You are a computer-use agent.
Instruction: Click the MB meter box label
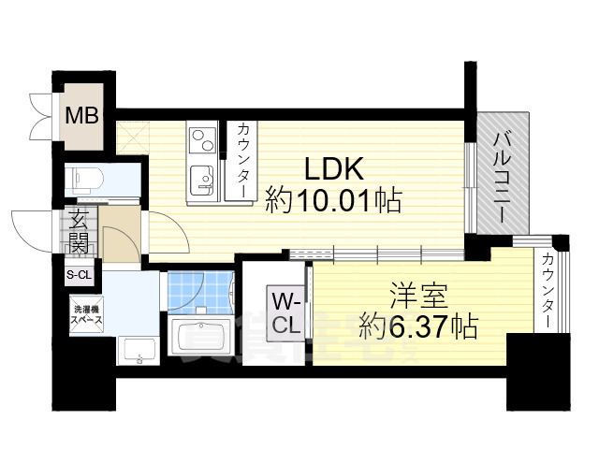click(81, 117)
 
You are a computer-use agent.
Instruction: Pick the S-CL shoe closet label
click(79, 274)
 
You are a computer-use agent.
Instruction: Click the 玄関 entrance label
click(79, 233)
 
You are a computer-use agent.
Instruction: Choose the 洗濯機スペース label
click(83, 314)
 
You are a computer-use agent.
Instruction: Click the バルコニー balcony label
click(501, 176)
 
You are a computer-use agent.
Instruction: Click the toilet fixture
click(86, 179)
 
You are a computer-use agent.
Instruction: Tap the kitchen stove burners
click(202, 142)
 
